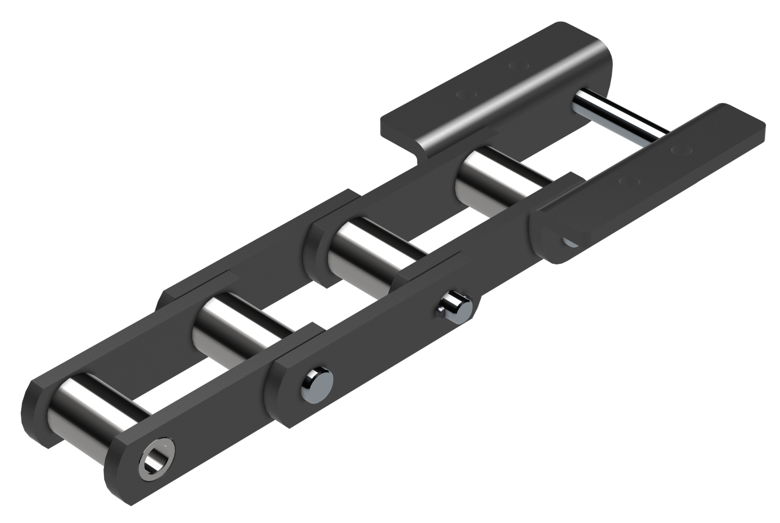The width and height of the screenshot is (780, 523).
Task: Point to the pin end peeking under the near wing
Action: (x=568, y=241)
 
